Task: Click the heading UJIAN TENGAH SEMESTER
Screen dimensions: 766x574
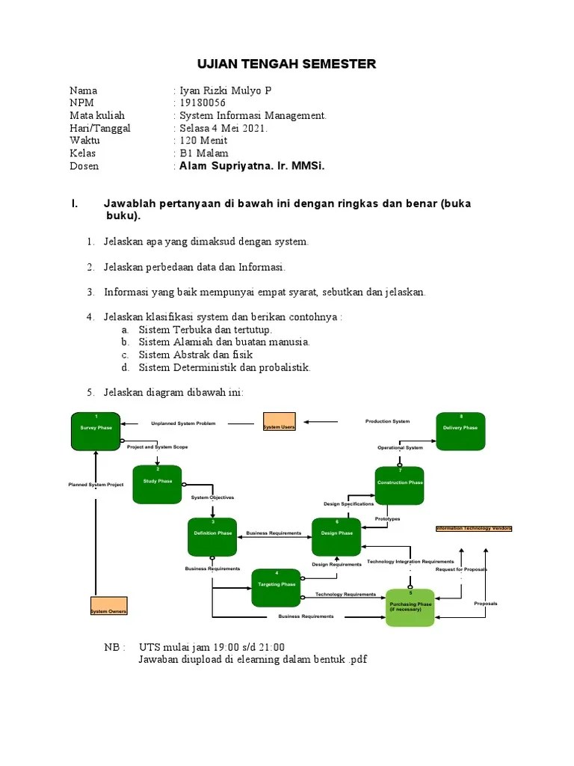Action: tap(286, 64)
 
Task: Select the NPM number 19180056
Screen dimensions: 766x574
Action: tap(201, 102)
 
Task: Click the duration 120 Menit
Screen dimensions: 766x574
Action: tap(203, 141)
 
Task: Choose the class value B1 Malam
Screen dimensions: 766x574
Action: tap(204, 153)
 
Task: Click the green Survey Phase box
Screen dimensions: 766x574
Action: tap(96, 432)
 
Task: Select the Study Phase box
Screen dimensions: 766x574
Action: tap(157, 483)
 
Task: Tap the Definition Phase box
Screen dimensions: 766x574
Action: tap(213, 536)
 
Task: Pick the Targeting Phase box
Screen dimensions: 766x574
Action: tap(276, 587)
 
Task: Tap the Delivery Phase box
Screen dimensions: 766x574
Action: tap(460, 431)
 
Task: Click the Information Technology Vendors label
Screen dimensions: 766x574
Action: tap(474, 528)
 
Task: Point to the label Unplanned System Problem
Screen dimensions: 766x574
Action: tap(183, 423)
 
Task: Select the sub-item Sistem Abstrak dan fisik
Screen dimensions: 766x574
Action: tap(196, 355)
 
